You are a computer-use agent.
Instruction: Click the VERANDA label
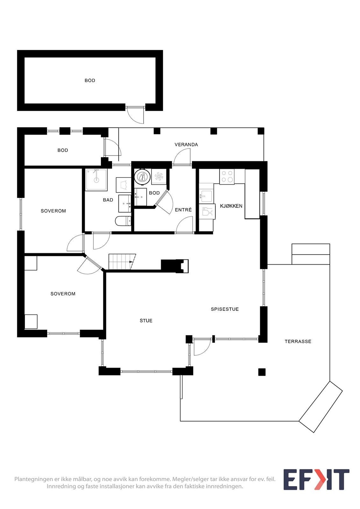pyautogui.click(x=186, y=144)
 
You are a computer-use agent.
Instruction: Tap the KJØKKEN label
pyautogui.click(x=231, y=206)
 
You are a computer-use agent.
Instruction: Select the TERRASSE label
pyautogui.click(x=298, y=341)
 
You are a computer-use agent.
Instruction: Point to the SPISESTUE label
pyautogui.click(x=225, y=309)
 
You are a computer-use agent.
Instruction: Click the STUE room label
pyautogui.click(x=146, y=320)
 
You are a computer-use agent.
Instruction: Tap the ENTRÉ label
pyautogui.click(x=183, y=210)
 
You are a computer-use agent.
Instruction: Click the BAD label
pyautogui.click(x=108, y=200)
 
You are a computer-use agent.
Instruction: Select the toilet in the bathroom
pyautogui.click(x=123, y=220)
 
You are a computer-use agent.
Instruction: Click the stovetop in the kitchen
pyautogui.click(x=227, y=177)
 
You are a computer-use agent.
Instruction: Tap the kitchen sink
pyautogui.click(x=207, y=196)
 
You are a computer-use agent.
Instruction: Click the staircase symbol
pyautogui.click(x=122, y=261)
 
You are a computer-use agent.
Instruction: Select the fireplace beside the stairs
pyautogui.click(x=175, y=266)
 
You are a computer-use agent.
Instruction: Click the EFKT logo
pyautogui.click(x=316, y=479)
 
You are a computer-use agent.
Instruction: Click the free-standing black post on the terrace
pyautogui.click(x=262, y=372)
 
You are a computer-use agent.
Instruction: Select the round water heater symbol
pyautogui.click(x=142, y=177)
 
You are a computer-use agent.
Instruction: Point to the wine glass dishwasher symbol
pyautogui.click(x=207, y=212)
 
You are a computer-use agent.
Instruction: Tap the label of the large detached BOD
pyautogui.click(x=90, y=80)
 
